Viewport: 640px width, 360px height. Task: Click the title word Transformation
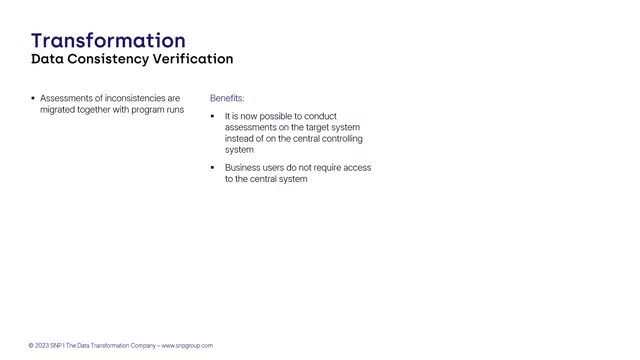[108, 40]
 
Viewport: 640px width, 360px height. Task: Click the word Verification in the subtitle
[193, 59]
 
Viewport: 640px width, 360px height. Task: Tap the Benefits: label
[227, 98]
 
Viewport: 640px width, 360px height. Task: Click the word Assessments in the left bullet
[67, 98]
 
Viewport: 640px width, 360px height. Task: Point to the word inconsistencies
[133, 98]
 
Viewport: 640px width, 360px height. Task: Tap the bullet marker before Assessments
[33, 98]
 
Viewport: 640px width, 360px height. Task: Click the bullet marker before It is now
[212, 116]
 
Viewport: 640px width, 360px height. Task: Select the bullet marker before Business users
[212, 168]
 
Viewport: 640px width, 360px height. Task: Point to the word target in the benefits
[304, 128]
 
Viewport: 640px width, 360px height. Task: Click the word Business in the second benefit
[243, 168]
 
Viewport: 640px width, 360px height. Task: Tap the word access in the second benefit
[357, 168]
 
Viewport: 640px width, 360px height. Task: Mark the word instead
[240, 139]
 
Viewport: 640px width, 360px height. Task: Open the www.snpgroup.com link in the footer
[187, 346]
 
